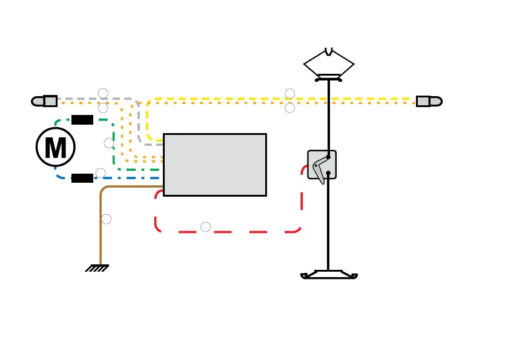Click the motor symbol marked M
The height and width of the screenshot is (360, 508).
pyautogui.click(x=56, y=146)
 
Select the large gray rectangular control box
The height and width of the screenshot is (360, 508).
pyautogui.click(x=215, y=165)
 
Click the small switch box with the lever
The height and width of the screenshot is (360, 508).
pyautogui.click(x=322, y=165)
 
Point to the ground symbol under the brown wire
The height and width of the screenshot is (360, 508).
pyautogui.click(x=97, y=267)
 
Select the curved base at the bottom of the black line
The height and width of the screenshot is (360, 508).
pyautogui.click(x=329, y=275)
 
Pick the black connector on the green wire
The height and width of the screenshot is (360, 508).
pyautogui.click(x=82, y=119)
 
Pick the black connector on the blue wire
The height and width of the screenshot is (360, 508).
pyautogui.click(x=82, y=178)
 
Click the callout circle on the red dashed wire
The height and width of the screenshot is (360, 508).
pyautogui.click(x=206, y=227)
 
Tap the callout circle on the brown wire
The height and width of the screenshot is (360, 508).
pyautogui.click(x=107, y=219)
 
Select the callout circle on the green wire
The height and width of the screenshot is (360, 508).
pyautogui.click(x=109, y=143)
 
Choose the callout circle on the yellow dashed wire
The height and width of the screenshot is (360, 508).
pyautogui.click(x=290, y=93)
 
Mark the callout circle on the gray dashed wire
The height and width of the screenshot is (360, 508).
pyautogui.click(x=103, y=93)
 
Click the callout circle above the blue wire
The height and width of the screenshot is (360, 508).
pyautogui.click(x=101, y=173)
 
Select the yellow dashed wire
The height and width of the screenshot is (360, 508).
pyautogui.click(x=363, y=98)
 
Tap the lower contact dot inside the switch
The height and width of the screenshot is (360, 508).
pyautogui.click(x=328, y=174)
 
